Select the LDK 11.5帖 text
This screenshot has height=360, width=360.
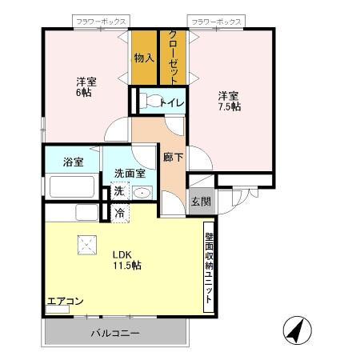126,259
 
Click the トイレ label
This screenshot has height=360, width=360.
174,102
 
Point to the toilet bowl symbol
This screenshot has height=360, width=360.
149,102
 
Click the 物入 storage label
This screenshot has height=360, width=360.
144,58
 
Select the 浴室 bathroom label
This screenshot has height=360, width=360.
74,162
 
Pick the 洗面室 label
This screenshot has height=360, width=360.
129,173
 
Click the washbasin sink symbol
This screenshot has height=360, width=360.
142,192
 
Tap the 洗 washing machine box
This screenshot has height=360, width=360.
118,192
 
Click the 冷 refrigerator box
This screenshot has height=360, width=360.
118,213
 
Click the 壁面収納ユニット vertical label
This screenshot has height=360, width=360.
209,267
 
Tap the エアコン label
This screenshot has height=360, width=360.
66,302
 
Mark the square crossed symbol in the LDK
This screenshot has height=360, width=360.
84,245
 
